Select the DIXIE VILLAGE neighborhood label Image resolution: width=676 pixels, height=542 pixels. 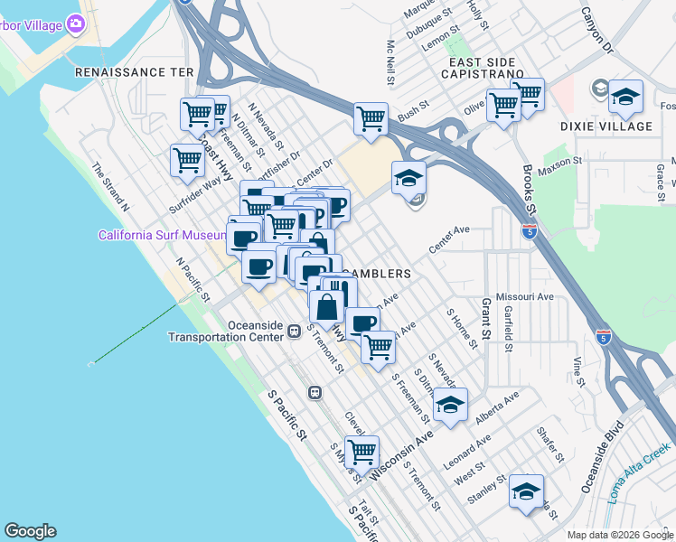tap(618, 126)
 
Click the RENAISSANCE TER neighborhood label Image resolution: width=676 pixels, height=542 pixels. tap(135, 71)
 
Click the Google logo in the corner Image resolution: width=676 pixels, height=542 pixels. tap(30, 531)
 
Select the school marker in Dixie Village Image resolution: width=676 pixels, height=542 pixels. tap(625, 98)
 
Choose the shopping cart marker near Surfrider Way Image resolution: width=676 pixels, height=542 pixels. tap(187, 160)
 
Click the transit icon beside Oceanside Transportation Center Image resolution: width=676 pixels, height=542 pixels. tap(295, 332)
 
